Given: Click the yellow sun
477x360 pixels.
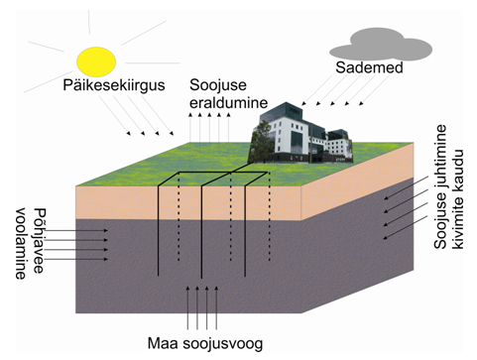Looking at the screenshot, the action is point(96,61).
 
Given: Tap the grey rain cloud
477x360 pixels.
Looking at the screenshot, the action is point(380,45).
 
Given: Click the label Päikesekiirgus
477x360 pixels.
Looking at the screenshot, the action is point(114,85).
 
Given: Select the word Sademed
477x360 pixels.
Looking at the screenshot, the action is point(369,67).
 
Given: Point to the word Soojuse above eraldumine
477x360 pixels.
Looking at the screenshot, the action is point(218,85).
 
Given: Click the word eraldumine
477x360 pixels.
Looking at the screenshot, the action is point(228,102).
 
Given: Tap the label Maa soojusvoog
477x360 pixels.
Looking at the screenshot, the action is point(205,343).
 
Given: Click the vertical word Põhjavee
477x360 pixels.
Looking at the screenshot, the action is point(39,241).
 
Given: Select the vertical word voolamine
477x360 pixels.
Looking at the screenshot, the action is point(21,244).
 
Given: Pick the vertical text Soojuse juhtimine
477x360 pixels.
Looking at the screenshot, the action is point(440,186).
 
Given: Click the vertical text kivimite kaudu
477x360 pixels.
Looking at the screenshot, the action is point(458,198).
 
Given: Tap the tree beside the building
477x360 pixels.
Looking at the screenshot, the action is point(261,141).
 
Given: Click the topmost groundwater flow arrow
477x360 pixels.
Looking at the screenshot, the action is point(76,230).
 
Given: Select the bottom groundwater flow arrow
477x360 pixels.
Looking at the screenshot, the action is point(76,259).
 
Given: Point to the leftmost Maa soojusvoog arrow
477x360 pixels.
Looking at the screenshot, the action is point(187,307).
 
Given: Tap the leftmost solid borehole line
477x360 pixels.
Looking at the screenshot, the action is point(159,230).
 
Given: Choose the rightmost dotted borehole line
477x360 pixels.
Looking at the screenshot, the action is point(270,216).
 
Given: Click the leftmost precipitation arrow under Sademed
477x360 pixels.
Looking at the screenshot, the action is point(318,89).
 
